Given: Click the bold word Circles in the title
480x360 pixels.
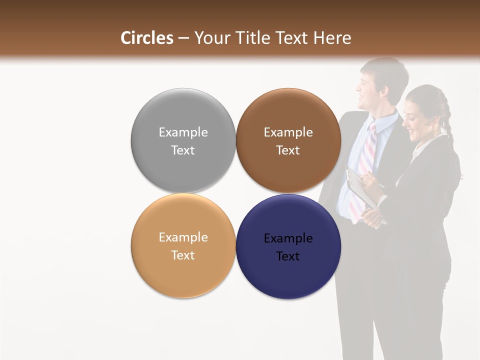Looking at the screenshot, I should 147,38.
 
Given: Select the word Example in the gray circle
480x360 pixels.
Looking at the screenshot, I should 183,132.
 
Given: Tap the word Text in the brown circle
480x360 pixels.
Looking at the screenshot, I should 288,150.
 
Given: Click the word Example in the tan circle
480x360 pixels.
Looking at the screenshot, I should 183,237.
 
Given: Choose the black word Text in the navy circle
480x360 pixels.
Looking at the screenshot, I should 288,256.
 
